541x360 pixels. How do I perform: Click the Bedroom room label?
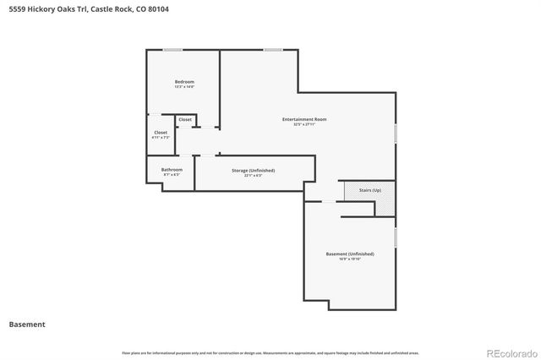point(184,82)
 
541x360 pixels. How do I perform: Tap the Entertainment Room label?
point(304,119)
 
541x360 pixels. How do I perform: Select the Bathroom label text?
point(172,169)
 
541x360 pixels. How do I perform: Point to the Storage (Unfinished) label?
point(253,170)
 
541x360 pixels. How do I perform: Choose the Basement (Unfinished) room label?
point(350,254)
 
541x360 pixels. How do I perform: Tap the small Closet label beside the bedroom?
point(184,119)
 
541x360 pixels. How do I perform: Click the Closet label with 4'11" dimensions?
point(160,133)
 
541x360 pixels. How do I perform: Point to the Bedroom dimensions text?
point(184,87)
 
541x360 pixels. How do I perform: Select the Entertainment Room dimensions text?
point(304,124)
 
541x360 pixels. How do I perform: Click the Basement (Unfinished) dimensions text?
point(350,259)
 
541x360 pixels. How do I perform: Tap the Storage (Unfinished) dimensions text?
point(253,175)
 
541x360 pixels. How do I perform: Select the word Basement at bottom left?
point(27,324)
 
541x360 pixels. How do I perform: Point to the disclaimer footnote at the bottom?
point(270,352)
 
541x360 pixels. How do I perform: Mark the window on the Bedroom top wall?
point(173,50)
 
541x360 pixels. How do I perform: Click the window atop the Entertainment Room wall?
point(272,50)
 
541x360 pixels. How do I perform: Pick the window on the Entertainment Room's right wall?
point(395,133)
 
